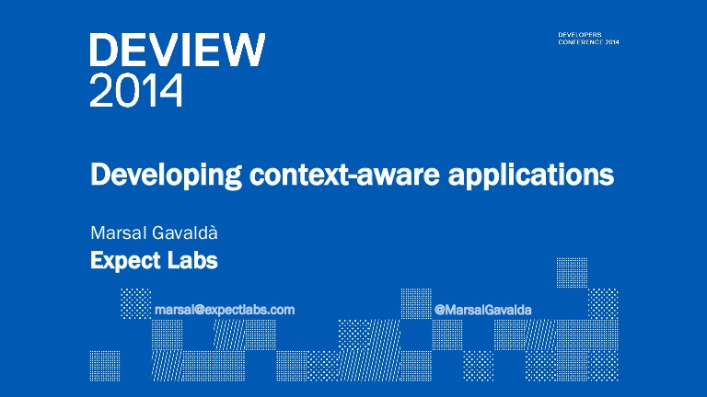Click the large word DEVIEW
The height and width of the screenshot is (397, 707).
(x=177, y=50)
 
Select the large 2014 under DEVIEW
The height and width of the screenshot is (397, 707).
(x=136, y=90)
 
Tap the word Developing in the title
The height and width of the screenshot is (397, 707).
(x=166, y=176)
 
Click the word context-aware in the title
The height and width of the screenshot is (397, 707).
(x=344, y=176)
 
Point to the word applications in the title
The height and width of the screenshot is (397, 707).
(x=530, y=176)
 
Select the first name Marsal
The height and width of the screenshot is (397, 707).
(x=119, y=233)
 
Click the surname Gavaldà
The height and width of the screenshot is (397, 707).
(x=185, y=233)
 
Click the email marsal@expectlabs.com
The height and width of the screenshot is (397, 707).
(x=225, y=310)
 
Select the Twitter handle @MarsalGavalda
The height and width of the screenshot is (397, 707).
(x=482, y=310)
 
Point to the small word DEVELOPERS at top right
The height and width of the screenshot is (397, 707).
(x=580, y=35)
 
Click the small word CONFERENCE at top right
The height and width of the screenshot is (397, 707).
(x=581, y=42)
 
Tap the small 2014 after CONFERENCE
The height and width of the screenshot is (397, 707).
(x=612, y=42)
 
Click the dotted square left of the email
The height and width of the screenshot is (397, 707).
(x=136, y=304)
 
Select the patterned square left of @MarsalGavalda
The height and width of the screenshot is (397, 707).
(x=416, y=304)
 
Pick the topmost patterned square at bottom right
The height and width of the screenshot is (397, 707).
(x=572, y=273)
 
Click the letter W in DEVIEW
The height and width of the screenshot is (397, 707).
(x=244, y=50)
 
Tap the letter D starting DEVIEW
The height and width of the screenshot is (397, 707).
(x=104, y=50)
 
